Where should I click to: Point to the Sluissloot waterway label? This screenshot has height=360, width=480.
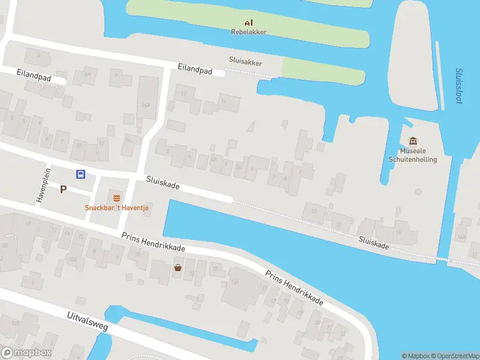(459, 85)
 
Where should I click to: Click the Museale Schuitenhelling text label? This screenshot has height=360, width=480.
(413, 155)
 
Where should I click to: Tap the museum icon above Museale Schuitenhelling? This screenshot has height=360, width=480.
(413, 141)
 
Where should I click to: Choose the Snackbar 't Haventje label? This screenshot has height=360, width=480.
(116, 208)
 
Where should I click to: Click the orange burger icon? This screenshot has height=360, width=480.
(116, 197)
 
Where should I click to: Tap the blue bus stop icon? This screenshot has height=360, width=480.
(80, 175)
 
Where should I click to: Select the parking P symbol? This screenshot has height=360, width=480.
(62, 189)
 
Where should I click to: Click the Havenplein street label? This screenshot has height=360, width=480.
(43, 184)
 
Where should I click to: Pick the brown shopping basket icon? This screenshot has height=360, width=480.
(178, 268)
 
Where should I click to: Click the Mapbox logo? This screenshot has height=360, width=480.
(26, 353)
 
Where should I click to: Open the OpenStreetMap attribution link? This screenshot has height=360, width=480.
(457, 355)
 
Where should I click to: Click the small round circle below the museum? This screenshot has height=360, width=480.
(418, 192)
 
